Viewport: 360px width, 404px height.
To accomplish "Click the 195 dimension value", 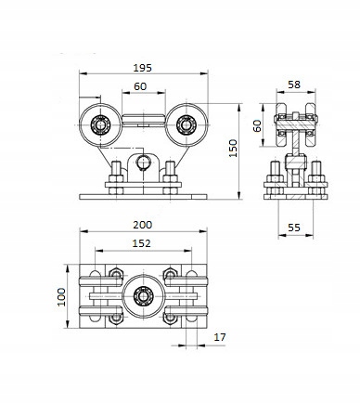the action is coord(143,68).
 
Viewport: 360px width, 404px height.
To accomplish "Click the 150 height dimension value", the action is coord(233,148).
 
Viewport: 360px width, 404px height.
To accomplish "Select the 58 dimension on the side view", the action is coord(294,85).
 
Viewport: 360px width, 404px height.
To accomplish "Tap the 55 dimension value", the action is coord(294,228).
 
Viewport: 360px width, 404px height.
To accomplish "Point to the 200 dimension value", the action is coord(143,225).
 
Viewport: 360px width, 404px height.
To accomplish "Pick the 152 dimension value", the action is coord(141,243).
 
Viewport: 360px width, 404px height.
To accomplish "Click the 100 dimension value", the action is coord(61,297).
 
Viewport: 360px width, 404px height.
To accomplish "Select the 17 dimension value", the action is coord(220,337).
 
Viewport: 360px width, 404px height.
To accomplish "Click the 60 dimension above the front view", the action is coord(140,86).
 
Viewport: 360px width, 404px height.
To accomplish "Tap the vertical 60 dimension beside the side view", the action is coord(257,125).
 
